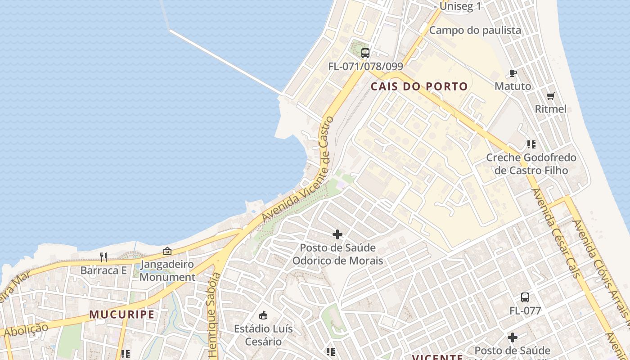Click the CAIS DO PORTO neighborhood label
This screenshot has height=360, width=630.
coord(419,86)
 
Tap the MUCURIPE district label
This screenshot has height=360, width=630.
coord(122,315)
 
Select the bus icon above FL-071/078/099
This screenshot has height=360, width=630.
coord(365,53)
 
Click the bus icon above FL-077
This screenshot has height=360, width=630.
coord(525,297)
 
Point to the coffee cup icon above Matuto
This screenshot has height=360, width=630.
coord(513,73)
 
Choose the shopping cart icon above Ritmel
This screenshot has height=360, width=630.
coord(550,96)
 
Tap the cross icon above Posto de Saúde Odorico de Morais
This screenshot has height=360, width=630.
coord(337,234)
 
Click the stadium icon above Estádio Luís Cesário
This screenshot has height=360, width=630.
coord(263,315)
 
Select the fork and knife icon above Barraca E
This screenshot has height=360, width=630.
coord(103,257)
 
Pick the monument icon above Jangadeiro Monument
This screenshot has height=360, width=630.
coord(167,251)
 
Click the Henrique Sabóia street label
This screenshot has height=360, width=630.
coord(214,315)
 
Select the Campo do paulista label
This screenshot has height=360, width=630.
coord(475,30)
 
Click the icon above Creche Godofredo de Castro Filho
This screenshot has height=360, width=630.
coord(531,144)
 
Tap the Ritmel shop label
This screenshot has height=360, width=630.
coord(550,109)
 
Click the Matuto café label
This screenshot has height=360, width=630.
coord(513,86)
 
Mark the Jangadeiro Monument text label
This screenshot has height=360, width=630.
coord(167,270)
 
